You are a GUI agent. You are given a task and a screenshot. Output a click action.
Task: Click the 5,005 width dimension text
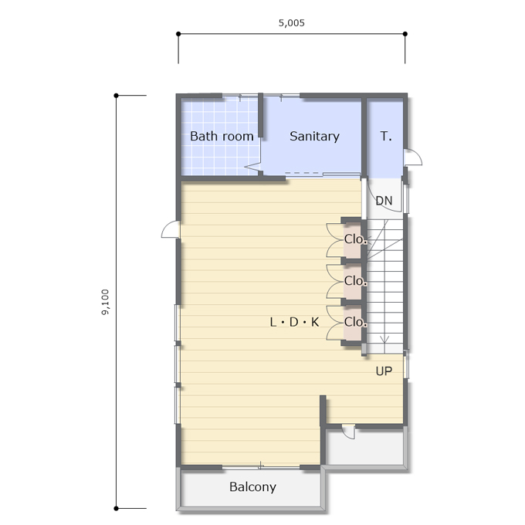(x=291, y=22)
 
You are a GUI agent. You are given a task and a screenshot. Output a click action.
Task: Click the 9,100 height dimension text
(x=105, y=302)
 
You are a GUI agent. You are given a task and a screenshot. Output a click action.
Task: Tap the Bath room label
(x=222, y=137)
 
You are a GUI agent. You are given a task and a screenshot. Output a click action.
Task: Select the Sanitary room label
(x=314, y=137)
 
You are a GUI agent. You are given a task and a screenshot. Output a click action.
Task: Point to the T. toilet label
(x=386, y=137)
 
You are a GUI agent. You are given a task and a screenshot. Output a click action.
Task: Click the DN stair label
(x=384, y=201)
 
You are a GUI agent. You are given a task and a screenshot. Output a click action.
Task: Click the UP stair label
(x=384, y=371)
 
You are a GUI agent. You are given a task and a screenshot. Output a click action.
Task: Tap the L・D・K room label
(x=294, y=322)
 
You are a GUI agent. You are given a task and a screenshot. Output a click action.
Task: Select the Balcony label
(x=252, y=487)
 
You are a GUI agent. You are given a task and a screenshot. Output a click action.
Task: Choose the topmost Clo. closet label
(x=355, y=239)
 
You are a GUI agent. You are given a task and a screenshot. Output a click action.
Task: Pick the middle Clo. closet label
(x=355, y=280)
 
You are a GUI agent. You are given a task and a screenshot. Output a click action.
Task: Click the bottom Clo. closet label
(x=355, y=322)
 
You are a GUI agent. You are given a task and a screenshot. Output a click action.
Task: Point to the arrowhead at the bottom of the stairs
(x=384, y=340)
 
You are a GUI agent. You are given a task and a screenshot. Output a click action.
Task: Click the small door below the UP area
(x=348, y=432)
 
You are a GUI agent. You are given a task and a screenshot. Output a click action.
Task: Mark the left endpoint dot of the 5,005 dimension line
(x=178, y=34)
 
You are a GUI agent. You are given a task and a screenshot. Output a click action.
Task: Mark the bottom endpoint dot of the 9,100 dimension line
(x=116, y=508)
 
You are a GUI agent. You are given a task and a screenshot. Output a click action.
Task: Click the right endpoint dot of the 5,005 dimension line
(x=405, y=34)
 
